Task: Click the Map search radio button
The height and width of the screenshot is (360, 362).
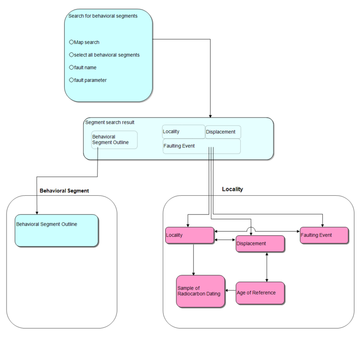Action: (x=72, y=42)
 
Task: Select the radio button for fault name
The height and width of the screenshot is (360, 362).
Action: (x=72, y=67)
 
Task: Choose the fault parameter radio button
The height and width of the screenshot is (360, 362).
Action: (x=72, y=80)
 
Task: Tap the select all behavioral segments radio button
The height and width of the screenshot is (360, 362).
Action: (x=72, y=55)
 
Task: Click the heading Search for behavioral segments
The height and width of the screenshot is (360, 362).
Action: (x=103, y=16)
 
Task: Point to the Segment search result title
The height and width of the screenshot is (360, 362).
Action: (x=109, y=123)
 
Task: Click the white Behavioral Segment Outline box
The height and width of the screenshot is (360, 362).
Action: (x=114, y=140)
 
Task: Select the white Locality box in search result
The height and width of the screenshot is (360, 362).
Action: (x=183, y=132)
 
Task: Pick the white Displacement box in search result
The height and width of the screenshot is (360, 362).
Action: (x=223, y=132)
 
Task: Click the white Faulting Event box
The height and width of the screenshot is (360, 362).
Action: (x=201, y=146)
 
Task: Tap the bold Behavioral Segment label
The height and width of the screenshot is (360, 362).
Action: (x=64, y=191)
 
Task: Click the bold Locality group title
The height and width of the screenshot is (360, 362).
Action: (x=232, y=189)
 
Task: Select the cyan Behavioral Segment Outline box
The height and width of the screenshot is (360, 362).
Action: (x=57, y=230)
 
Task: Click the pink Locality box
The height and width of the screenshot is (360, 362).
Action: (x=189, y=235)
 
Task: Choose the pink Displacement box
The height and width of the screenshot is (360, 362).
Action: (x=260, y=243)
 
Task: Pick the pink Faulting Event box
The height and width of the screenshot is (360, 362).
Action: (x=324, y=235)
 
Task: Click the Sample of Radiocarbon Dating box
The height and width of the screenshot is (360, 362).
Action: (x=200, y=291)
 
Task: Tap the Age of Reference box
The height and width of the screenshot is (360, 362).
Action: (x=260, y=293)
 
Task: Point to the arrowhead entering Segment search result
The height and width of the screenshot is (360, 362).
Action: (x=210, y=115)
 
